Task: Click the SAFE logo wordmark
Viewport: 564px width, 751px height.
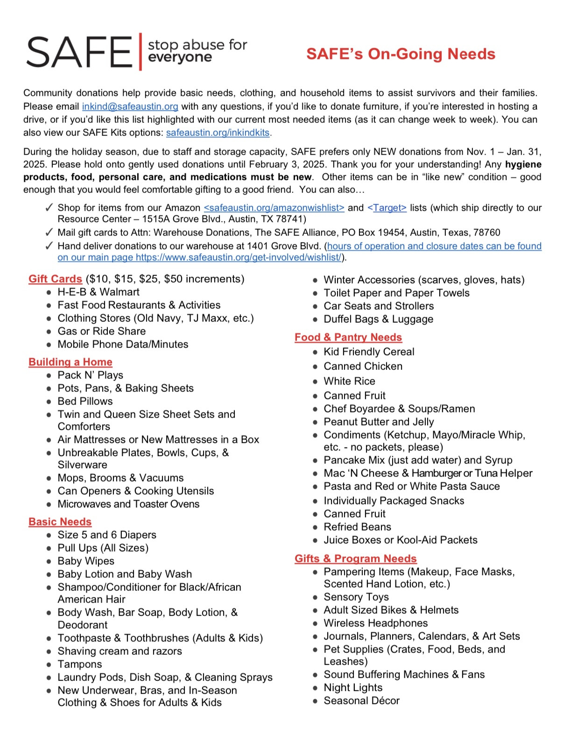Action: click(x=79, y=51)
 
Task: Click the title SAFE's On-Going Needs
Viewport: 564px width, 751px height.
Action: click(x=401, y=54)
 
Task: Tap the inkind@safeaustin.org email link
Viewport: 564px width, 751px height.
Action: click(x=130, y=106)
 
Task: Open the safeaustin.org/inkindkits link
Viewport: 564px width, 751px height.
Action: click(x=218, y=133)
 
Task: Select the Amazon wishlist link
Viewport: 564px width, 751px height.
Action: click(x=274, y=208)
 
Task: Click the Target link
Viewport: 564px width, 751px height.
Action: click(x=387, y=208)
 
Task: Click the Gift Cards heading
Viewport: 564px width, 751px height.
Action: click(x=55, y=279)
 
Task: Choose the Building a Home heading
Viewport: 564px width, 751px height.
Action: click(x=70, y=362)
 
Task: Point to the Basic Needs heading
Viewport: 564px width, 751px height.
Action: click(x=60, y=522)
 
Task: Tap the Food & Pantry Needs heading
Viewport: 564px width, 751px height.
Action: click(x=348, y=337)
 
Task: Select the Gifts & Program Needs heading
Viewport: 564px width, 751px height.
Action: click(x=356, y=559)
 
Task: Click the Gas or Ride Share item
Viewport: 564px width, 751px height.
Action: click(x=101, y=331)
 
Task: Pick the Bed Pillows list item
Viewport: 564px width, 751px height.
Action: click(x=85, y=401)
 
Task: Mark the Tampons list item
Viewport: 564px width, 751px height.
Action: click(x=79, y=664)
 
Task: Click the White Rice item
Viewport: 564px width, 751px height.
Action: click(x=349, y=381)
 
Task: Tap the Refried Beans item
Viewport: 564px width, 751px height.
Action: click(x=357, y=527)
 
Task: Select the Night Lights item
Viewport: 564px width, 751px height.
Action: click(x=353, y=687)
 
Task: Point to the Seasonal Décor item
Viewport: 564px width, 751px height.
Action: click(x=361, y=701)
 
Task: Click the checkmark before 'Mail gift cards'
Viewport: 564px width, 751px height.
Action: click(x=49, y=233)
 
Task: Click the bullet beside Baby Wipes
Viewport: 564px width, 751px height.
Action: click(x=49, y=561)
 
